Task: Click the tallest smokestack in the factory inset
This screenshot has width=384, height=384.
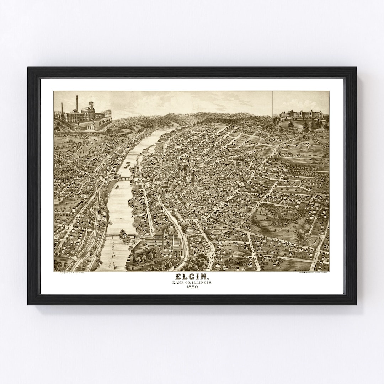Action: point(76,103)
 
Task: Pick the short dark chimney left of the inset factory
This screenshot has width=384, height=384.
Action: point(62,108)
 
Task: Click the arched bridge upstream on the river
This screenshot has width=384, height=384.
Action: point(124,179)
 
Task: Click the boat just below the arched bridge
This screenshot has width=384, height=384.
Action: point(117,186)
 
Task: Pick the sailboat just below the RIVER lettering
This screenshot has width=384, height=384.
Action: point(113,255)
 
